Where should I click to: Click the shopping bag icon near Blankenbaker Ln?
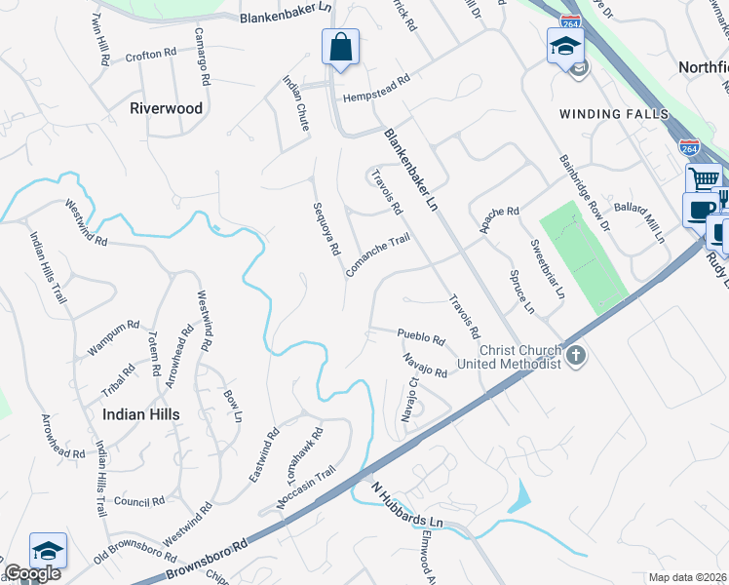pyautogui.click(x=340, y=47)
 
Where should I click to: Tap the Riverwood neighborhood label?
pyautogui.click(x=166, y=108)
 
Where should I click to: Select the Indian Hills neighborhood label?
pyautogui.click(x=141, y=414)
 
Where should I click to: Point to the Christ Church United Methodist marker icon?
pyautogui.click(x=576, y=355)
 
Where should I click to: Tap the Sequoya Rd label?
pyautogui.click(x=326, y=228)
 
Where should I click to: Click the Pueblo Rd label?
pyautogui.click(x=421, y=338)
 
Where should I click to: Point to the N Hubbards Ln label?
pyautogui.click(x=407, y=508)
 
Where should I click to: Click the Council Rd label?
pyautogui.click(x=138, y=502)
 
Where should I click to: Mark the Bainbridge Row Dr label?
pyautogui.click(x=584, y=192)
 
